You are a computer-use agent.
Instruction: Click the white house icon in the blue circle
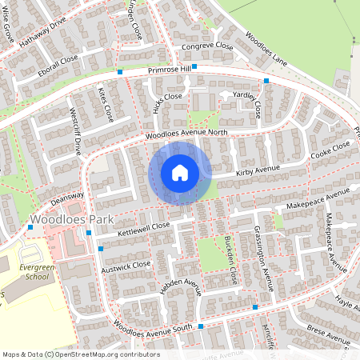180,173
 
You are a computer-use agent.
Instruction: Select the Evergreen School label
31,271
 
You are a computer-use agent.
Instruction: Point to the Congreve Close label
206,46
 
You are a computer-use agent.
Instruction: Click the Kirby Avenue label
258,170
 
